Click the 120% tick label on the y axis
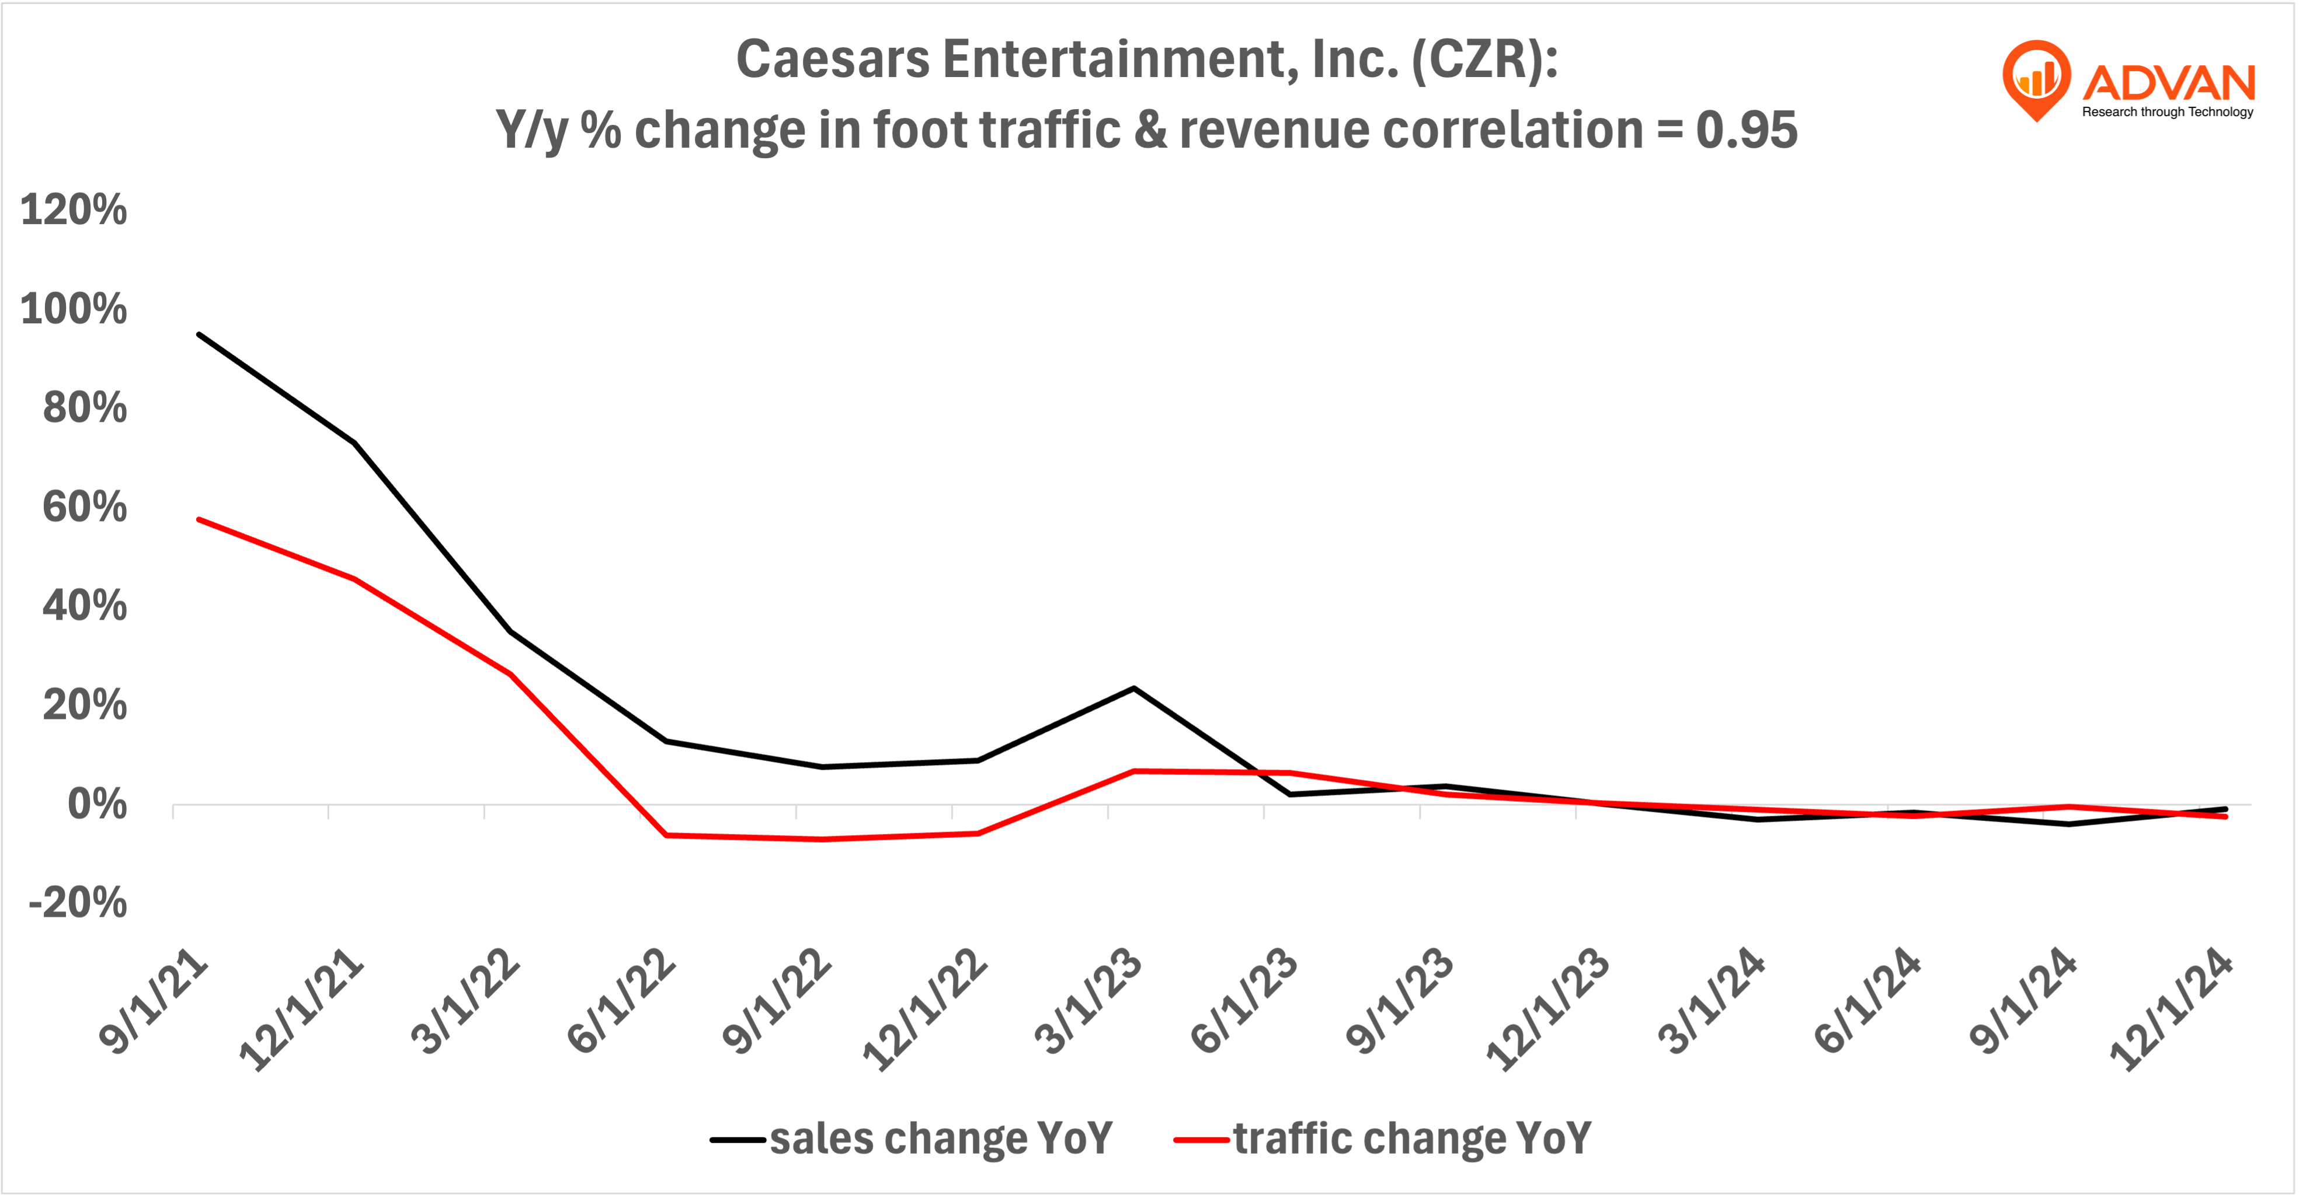(73, 211)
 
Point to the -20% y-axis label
(78, 903)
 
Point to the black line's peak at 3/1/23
(1133, 688)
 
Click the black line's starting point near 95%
(198, 334)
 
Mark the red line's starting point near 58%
(198, 519)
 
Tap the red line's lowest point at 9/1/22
(821, 839)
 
